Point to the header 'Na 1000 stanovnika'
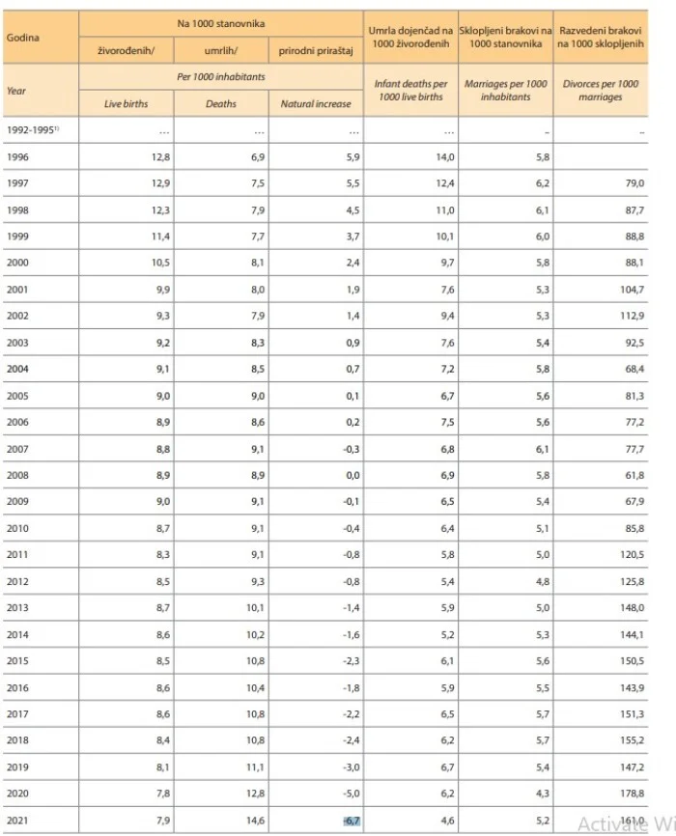pos(221,20)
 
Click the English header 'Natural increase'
pos(316,103)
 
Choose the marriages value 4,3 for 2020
pos(538,794)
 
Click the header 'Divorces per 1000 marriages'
pos(601,91)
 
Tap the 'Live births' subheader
pos(127,103)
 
